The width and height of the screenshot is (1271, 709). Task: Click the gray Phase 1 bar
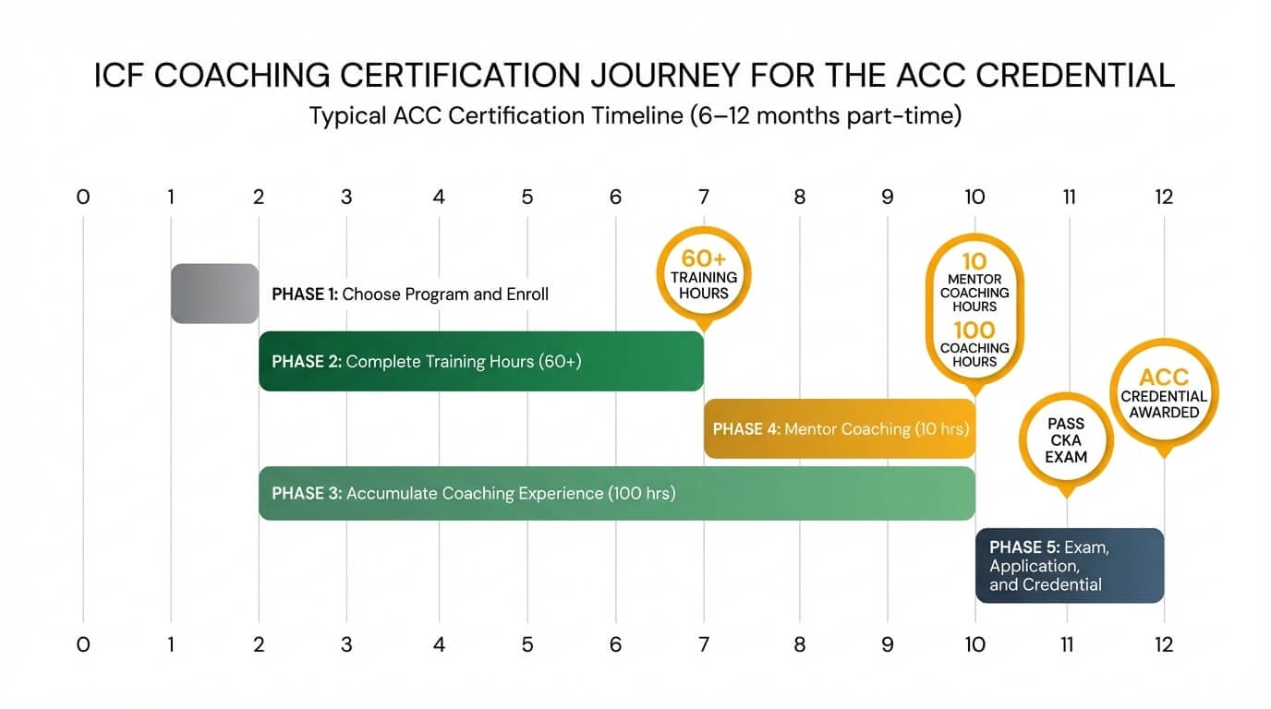point(214,294)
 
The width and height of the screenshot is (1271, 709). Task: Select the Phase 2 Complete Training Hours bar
point(480,361)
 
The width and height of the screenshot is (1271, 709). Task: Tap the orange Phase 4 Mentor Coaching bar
point(839,428)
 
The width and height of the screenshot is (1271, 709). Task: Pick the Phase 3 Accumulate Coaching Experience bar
point(616,493)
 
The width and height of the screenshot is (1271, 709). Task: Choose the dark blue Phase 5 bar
point(1069,565)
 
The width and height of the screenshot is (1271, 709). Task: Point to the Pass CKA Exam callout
point(1066,440)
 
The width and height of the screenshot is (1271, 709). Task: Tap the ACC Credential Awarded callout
point(1164,394)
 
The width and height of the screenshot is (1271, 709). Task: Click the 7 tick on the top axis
point(704,197)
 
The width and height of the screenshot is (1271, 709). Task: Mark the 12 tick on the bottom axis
point(1163,644)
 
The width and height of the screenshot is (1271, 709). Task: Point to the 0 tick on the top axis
point(83,197)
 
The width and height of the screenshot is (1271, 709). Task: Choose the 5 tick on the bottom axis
point(527,644)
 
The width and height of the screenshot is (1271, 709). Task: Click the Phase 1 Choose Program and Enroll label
point(410,294)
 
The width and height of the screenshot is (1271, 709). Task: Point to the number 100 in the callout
point(974,330)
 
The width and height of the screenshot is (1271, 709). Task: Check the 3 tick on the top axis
point(346,197)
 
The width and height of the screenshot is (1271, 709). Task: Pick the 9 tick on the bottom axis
point(887,644)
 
